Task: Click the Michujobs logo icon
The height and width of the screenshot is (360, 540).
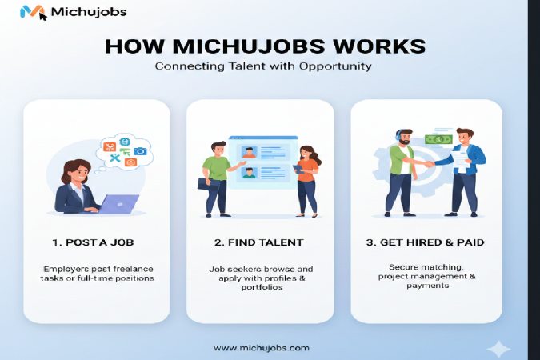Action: coord(33,12)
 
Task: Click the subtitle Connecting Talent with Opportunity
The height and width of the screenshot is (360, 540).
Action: coord(263,66)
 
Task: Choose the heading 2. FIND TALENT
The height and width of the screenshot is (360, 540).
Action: coord(259,241)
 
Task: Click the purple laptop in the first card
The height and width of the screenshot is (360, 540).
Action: coord(115,204)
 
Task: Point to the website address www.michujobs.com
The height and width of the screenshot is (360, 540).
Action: coord(261,348)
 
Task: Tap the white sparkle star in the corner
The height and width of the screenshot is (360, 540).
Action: coord(498,349)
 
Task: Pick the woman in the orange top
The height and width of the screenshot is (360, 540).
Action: coord(307,180)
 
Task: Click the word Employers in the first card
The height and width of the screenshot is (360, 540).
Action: coord(69,267)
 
